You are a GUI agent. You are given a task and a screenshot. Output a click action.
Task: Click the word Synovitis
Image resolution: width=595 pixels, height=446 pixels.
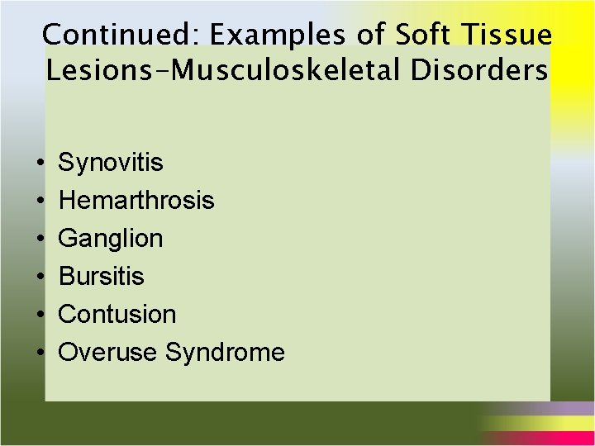pos(111,163)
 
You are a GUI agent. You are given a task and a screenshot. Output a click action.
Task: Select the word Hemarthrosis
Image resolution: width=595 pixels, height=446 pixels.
pos(136,201)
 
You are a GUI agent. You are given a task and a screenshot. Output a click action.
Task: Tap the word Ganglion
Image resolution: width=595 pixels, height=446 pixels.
pos(111,239)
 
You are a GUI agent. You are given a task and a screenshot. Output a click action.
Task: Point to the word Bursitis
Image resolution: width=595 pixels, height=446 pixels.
pos(102,277)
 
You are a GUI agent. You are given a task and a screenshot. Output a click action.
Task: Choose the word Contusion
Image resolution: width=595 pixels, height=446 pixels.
pos(117,315)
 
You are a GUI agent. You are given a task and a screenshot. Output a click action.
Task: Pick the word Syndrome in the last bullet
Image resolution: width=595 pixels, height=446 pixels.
pos(225,353)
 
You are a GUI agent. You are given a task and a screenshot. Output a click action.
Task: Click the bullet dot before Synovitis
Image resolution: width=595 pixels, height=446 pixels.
pos(40,164)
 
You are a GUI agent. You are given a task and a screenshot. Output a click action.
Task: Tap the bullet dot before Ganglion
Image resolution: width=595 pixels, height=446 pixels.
pos(40,240)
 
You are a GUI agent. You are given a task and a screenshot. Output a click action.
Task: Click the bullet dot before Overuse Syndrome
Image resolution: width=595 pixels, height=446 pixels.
pos(40,353)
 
